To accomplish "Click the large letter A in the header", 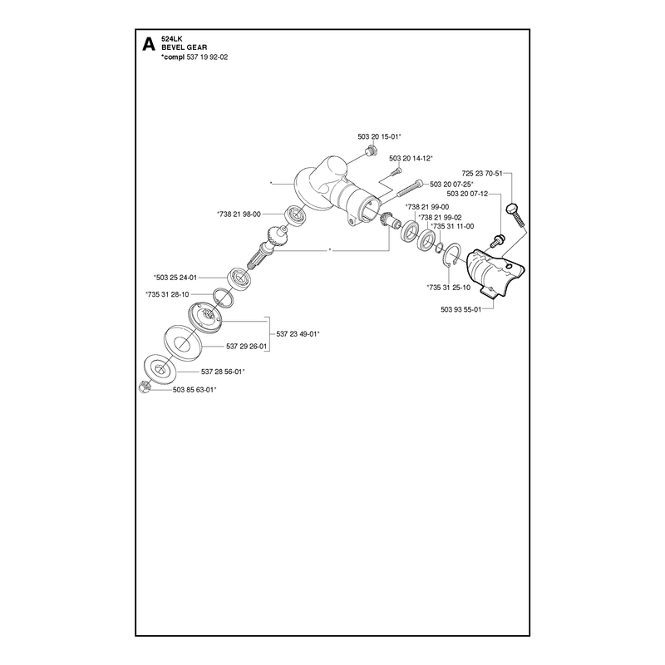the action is click(x=149, y=45).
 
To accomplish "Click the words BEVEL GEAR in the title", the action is click(x=184, y=47).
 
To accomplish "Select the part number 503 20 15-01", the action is click(x=379, y=136).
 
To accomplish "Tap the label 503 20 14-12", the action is click(x=411, y=158).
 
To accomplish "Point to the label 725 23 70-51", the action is click(x=482, y=174).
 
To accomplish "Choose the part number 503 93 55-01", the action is click(x=461, y=309).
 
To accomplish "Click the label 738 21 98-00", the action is click(x=239, y=214).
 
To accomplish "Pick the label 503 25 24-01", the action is click(x=175, y=278).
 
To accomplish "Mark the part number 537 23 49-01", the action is click(x=298, y=334).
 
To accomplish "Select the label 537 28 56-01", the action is click(x=223, y=372).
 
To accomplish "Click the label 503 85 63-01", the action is click(x=195, y=390).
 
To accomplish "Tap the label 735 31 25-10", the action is click(x=448, y=288).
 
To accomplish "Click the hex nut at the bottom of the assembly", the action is click(x=144, y=387).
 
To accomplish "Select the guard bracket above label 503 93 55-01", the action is click(x=495, y=272).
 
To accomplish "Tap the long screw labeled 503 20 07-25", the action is click(x=411, y=189).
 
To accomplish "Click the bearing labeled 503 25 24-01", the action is click(x=240, y=278).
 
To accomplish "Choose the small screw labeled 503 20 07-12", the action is click(x=497, y=241).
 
